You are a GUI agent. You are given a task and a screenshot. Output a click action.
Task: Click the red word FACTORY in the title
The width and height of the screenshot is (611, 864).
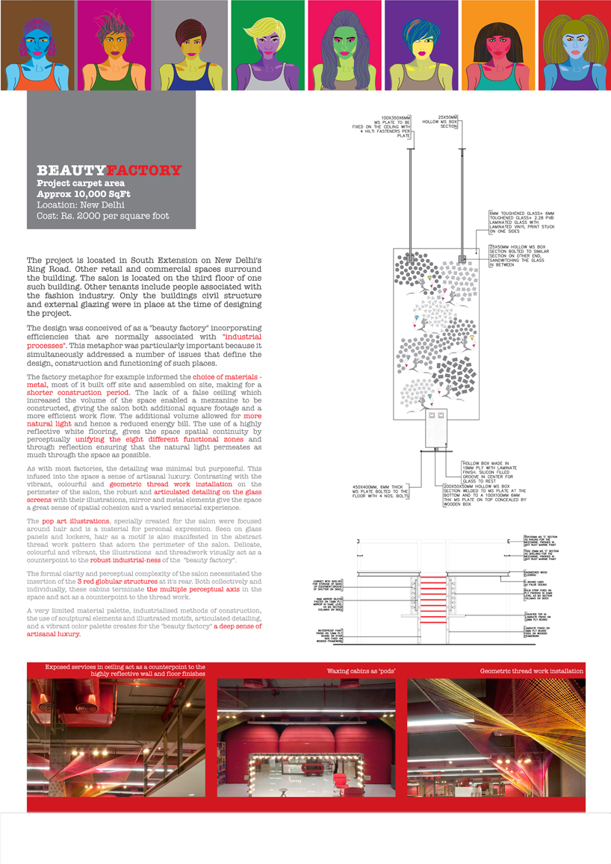[143, 170]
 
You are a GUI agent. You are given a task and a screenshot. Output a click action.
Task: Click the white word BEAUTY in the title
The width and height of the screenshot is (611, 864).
[71, 170]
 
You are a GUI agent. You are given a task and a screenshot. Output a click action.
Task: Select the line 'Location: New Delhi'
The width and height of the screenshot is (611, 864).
[80, 205]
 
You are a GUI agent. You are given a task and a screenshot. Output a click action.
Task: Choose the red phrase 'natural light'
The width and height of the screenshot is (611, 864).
[51, 422]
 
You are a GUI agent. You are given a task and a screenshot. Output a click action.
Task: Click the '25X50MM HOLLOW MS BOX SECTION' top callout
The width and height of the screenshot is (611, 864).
[447, 122]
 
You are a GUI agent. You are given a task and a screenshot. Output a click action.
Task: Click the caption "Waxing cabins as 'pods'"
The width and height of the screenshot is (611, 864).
[361, 671]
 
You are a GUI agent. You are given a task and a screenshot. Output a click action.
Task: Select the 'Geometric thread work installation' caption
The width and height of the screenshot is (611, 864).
[531, 671]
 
